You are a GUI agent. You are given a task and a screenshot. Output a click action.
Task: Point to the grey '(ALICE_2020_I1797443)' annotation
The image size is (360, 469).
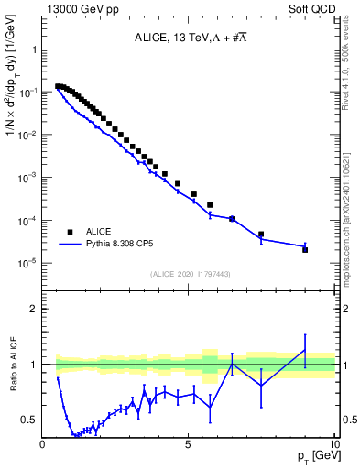[190, 275]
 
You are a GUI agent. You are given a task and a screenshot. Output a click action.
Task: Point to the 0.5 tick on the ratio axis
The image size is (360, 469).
[30, 420]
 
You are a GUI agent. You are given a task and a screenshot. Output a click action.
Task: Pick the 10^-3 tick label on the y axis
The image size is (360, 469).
[27, 178]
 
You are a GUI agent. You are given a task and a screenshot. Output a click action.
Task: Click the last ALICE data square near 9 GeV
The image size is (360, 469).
[305, 249]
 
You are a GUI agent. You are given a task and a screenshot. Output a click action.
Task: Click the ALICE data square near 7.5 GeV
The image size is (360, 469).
[261, 234]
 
